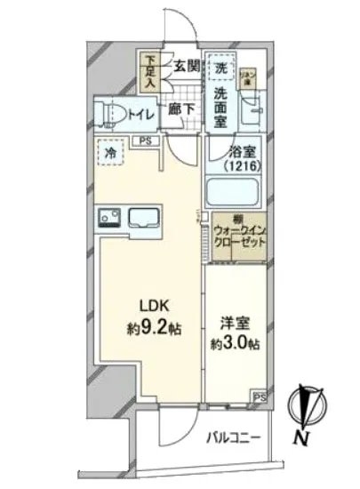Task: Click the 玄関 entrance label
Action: click(186, 65)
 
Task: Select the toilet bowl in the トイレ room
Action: click(116, 115)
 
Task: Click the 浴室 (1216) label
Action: click(236, 158)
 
